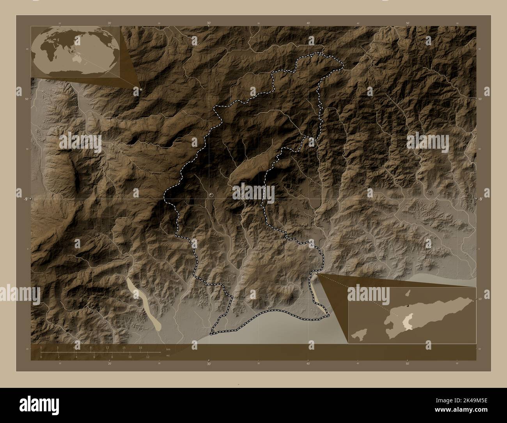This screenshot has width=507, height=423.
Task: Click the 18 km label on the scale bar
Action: point(140,347)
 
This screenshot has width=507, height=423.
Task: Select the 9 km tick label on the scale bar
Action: point(91,347)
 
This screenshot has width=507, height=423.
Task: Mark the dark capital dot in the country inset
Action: point(407,306)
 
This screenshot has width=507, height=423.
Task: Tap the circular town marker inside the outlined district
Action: point(211,194)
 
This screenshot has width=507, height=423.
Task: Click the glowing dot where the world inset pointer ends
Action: point(141,90)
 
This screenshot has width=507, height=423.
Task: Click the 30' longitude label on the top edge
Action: point(209,23)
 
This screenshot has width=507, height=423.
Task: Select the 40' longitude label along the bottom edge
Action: point(308,364)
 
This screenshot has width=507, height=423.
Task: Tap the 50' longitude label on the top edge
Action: point(408,23)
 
